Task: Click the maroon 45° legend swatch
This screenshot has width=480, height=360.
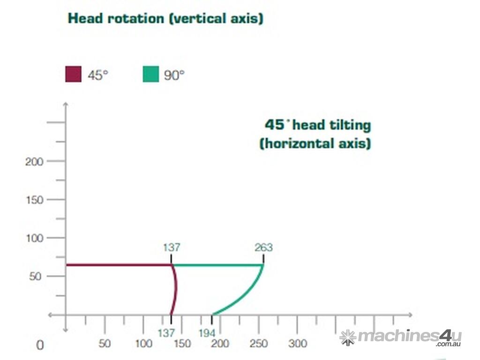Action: tap(73, 74)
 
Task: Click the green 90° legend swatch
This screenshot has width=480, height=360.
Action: tap(150, 74)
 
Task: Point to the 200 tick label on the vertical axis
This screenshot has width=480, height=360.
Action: tap(34, 162)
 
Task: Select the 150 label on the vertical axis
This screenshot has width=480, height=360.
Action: tap(34, 200)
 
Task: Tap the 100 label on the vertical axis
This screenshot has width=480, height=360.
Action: tap(34, 238)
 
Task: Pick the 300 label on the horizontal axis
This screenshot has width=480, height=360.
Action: tap(298, 344)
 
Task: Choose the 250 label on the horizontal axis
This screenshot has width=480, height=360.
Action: tap(259, 344)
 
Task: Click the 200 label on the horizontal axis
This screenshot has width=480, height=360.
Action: tap(220, 344)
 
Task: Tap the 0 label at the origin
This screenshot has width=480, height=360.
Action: tap(40, 345)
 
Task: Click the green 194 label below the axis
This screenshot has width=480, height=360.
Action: tap(207, 333)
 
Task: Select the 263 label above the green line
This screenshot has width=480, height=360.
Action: tap(264, 247)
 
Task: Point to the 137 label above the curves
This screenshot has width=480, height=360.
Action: tap(172, 247)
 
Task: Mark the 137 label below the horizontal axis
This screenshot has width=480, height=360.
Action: tap(166, 333)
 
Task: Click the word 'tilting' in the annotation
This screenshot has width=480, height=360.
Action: tap(350, 125)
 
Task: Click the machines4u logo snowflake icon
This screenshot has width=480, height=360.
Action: tap(348, 337)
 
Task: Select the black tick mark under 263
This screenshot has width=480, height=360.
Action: tap(263, 259)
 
